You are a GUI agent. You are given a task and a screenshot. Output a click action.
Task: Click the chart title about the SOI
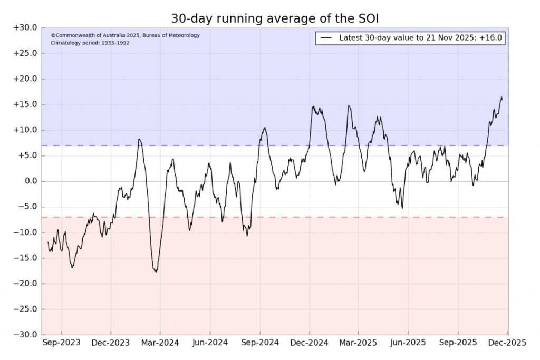275,18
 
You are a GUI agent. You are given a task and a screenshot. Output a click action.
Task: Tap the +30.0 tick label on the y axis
25,28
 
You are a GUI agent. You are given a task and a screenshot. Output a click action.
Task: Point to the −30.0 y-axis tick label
25,335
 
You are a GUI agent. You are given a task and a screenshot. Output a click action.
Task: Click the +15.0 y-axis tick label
25,104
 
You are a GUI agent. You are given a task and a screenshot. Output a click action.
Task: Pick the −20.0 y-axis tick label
25,284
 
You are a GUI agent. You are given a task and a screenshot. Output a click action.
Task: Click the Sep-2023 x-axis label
61,343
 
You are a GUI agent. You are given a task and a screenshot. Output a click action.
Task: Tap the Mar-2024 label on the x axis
160,343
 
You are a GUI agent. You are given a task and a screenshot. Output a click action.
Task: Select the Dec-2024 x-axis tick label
309,343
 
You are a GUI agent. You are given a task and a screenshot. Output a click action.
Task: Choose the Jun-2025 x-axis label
408,343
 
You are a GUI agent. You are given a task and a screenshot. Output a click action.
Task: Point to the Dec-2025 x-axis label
506,343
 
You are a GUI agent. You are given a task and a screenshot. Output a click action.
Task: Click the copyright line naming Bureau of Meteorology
125,35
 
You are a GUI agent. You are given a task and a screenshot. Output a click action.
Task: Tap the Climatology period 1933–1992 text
90,43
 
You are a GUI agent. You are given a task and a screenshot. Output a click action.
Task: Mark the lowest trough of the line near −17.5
156,271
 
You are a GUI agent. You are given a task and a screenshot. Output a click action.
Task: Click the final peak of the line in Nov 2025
501,97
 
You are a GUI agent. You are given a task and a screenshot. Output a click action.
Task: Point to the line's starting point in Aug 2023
48,242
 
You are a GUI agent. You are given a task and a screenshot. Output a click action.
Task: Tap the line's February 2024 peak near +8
139,139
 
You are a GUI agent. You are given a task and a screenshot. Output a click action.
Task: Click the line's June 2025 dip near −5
402,208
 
